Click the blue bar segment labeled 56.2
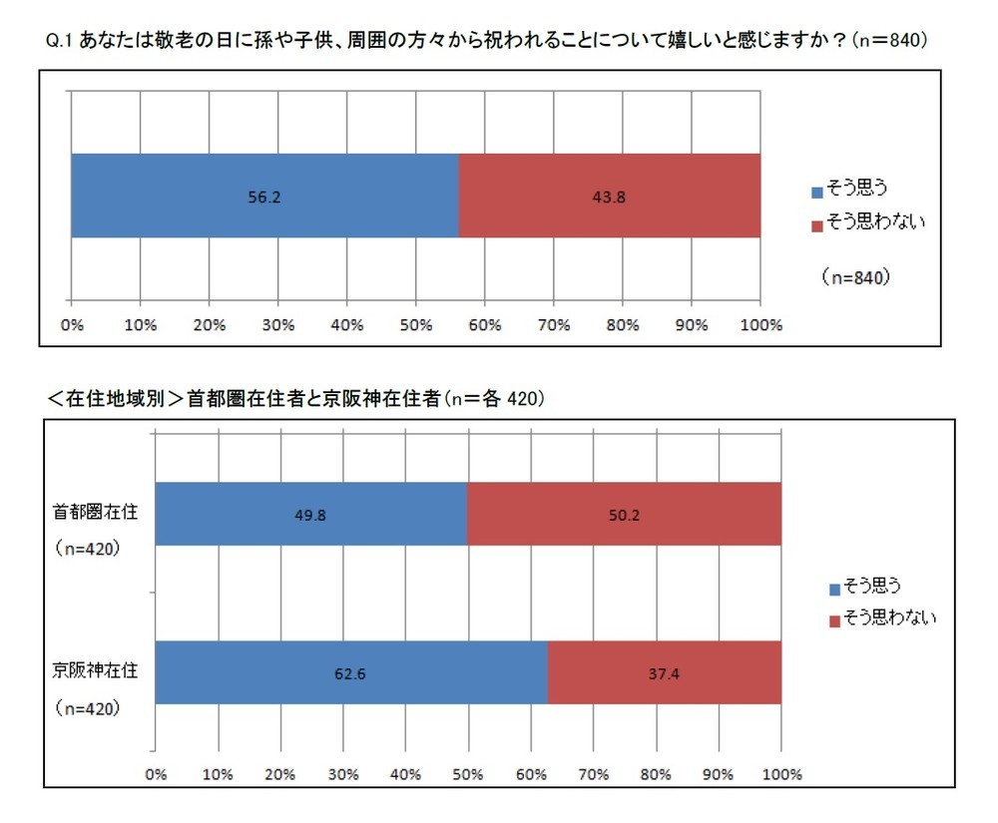tap(264, 197)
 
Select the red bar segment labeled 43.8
tap(609, 197)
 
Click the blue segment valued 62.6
tap(351, 672)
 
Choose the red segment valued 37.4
tap(665, 672)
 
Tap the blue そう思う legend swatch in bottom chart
tap(834, 587)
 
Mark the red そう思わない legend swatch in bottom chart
tap(834, 619)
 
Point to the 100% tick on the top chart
tap(760, 325)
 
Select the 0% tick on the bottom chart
tap(156, 773)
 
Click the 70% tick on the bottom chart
tap(594, 773)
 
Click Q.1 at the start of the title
tap(59, 41)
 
